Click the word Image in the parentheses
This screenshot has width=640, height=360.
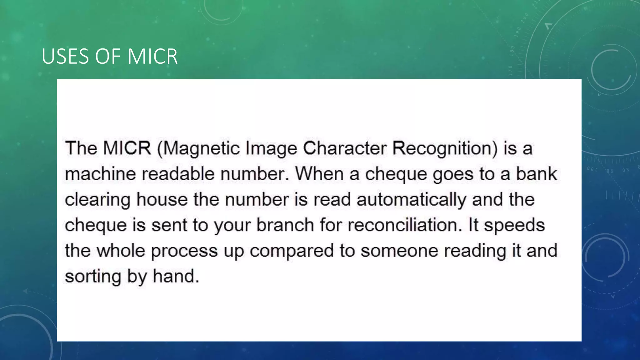(271, 148)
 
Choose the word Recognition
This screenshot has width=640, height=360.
(444, 148)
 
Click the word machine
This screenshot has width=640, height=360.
(100, 174)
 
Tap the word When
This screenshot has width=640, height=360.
(319, 174)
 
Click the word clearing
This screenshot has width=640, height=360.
(97, 200)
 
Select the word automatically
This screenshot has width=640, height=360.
(411, 200)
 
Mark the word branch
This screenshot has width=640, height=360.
(285, 225)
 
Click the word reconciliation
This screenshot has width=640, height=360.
(405, 225)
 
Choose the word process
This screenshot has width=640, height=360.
(184, 251)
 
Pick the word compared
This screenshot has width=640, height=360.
(292, 251)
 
